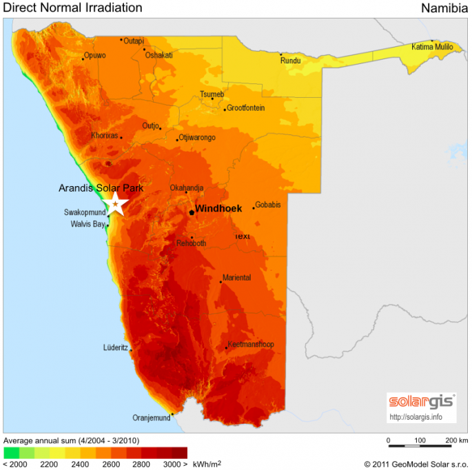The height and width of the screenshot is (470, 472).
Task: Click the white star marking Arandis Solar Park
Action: click(115, 203)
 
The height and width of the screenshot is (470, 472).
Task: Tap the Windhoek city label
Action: click(218, 208)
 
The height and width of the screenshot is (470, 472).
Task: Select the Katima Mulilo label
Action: click(432, 47)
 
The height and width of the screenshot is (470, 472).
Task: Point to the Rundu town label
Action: click(290, 61)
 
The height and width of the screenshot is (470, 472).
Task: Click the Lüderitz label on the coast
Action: click(115, 347)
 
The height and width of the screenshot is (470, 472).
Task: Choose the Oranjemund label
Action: click(150, 418)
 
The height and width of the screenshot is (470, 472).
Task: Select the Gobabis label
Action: click(267, 205)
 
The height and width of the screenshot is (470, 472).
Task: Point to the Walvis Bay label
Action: click(88, 224)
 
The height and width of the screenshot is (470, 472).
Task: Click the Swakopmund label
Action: click(85, 212)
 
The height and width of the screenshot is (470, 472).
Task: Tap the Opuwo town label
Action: click(94, 55)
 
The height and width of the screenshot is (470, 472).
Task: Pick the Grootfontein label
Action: click(245, 108)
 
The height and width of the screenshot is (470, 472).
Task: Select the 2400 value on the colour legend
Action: click(80, 464)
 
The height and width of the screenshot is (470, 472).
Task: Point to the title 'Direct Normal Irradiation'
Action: click(73, 8)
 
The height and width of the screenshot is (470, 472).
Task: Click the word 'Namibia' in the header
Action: click(444, 8)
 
